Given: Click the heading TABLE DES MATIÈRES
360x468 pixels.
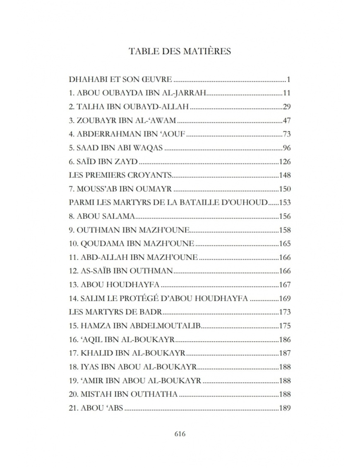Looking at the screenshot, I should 180,51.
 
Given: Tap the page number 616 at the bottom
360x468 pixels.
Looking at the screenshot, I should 180,434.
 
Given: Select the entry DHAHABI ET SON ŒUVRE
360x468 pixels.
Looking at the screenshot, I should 120,79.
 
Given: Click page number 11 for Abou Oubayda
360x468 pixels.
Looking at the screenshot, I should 287,93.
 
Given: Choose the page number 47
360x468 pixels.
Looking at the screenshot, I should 287,120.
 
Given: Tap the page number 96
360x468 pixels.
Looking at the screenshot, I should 287,148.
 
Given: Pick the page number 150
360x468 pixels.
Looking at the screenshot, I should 285,189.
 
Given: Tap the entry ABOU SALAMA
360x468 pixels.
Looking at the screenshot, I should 102,216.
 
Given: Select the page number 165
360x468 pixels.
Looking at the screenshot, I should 285,243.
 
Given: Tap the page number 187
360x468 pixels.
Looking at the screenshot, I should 285,353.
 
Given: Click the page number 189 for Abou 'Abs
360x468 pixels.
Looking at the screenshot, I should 285,408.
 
